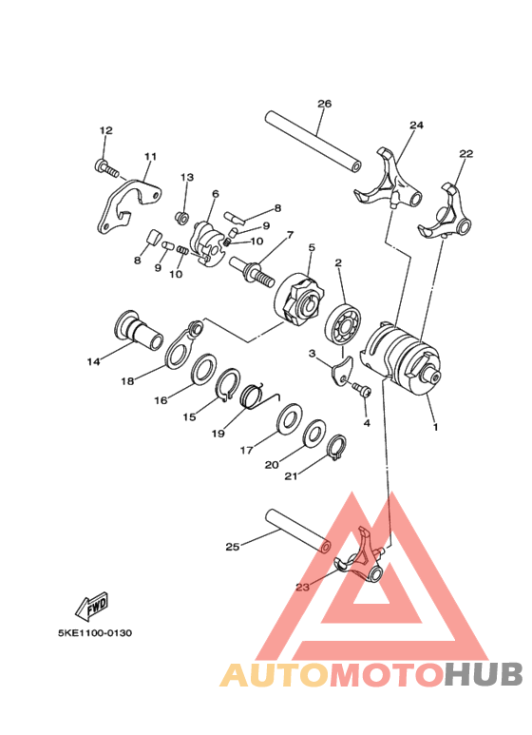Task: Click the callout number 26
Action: click(x=324, y=103)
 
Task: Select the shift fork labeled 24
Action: click(x=389, y=181)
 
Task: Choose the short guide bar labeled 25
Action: click(x=294, y=532)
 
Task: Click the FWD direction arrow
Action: click(x=95, y=604)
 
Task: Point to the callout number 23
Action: click(x=302, y=587)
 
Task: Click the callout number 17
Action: click(x=246, y=451)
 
